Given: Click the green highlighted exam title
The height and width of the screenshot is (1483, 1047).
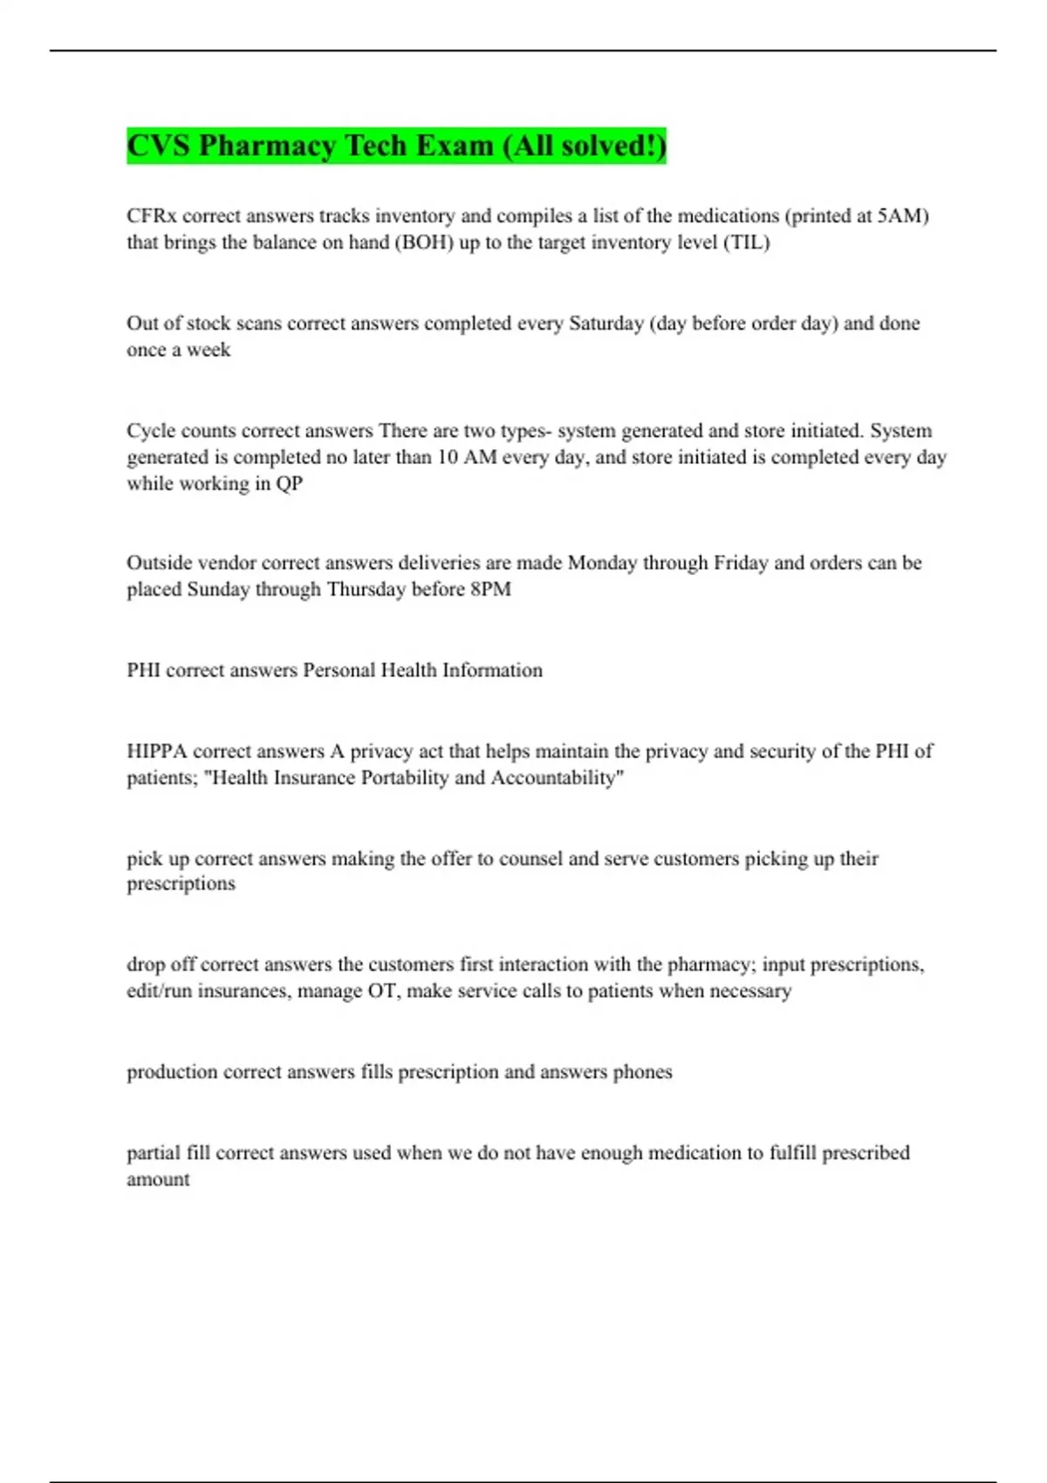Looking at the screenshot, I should (396, 146).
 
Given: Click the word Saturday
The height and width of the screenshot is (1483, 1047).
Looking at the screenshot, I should (606, 324).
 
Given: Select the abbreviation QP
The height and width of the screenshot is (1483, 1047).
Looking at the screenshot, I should (289, 484).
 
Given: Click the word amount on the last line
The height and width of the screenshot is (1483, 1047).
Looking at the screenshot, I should (158, 1179).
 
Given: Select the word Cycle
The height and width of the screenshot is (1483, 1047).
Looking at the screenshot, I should (150, 431).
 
